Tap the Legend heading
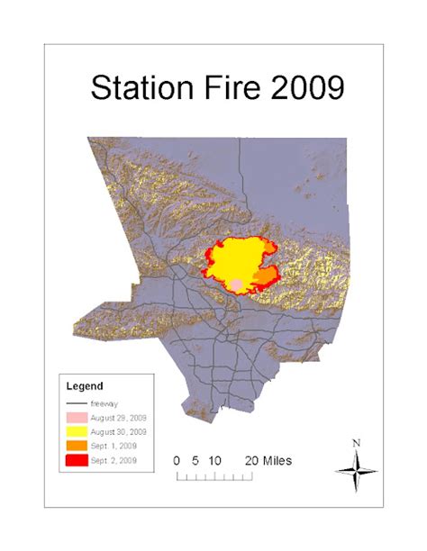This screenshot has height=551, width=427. tap(86, 386)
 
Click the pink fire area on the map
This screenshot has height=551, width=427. tap(236, 284)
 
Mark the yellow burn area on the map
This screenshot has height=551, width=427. tap(239, 257)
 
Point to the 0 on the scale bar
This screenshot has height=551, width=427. tap(178, 460)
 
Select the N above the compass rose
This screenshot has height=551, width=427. tap(357, 442)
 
